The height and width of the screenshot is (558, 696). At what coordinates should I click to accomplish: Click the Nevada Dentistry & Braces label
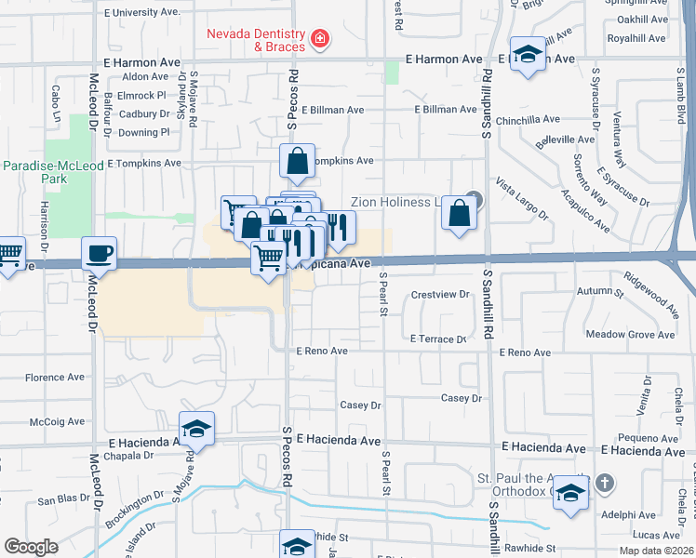point(257,40)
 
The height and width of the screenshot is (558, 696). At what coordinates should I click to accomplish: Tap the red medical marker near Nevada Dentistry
point(320,39)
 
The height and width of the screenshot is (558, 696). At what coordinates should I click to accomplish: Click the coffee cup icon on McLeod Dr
point(99,252)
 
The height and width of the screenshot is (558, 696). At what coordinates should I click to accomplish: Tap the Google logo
point(31,547)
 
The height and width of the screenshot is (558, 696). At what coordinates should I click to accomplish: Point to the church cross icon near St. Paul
point(605,483)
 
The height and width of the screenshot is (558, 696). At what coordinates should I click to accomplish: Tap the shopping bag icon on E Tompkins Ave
point(297,162)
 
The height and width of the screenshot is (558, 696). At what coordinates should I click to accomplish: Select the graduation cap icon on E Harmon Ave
point(528,54)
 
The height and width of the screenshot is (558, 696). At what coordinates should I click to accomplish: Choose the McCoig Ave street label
point(58,421)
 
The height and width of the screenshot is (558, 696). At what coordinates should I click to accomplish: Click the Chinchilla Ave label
point(528,119)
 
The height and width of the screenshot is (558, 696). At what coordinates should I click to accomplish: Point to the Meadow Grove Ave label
point(629,335)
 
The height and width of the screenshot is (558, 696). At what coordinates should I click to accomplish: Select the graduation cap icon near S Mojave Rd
point(197,428)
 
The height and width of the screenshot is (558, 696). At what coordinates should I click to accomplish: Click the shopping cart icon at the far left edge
point(8,253)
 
